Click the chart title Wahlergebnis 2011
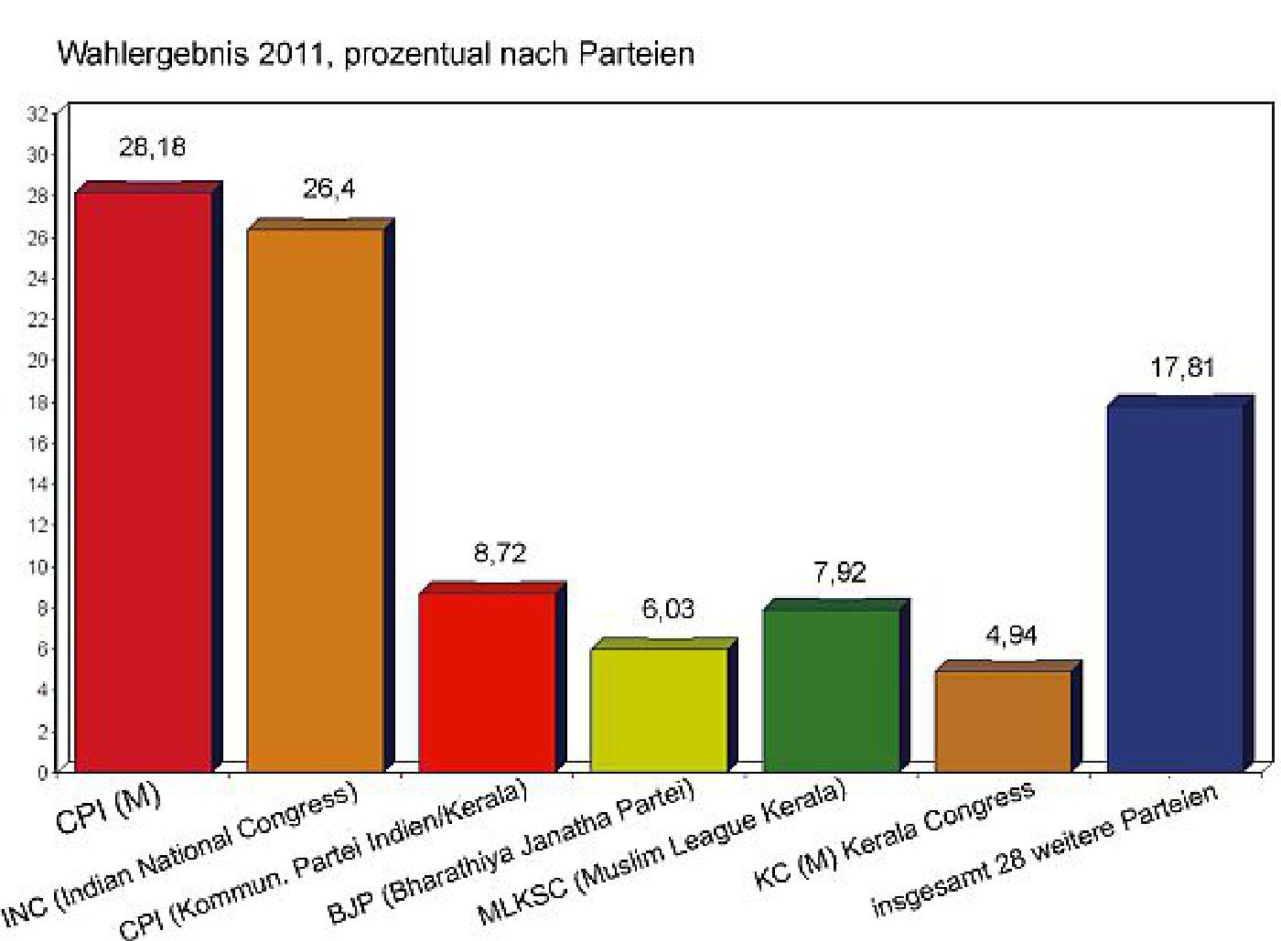click(375, 54)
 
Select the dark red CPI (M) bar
click(143, 480)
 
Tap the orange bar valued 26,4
click(316, 498)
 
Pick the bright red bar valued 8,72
click(487, 681)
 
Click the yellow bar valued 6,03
click(659, 709)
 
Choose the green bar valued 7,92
click(831, 690)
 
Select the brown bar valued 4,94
click(1003, 721)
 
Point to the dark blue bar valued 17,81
click(1176, 585)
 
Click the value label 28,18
click(152, 147)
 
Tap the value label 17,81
click(1182, 369)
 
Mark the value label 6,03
click(668, 609)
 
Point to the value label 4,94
click(1011, 635)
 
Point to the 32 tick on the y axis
click(38, 113)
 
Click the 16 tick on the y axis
click(38, 443)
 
